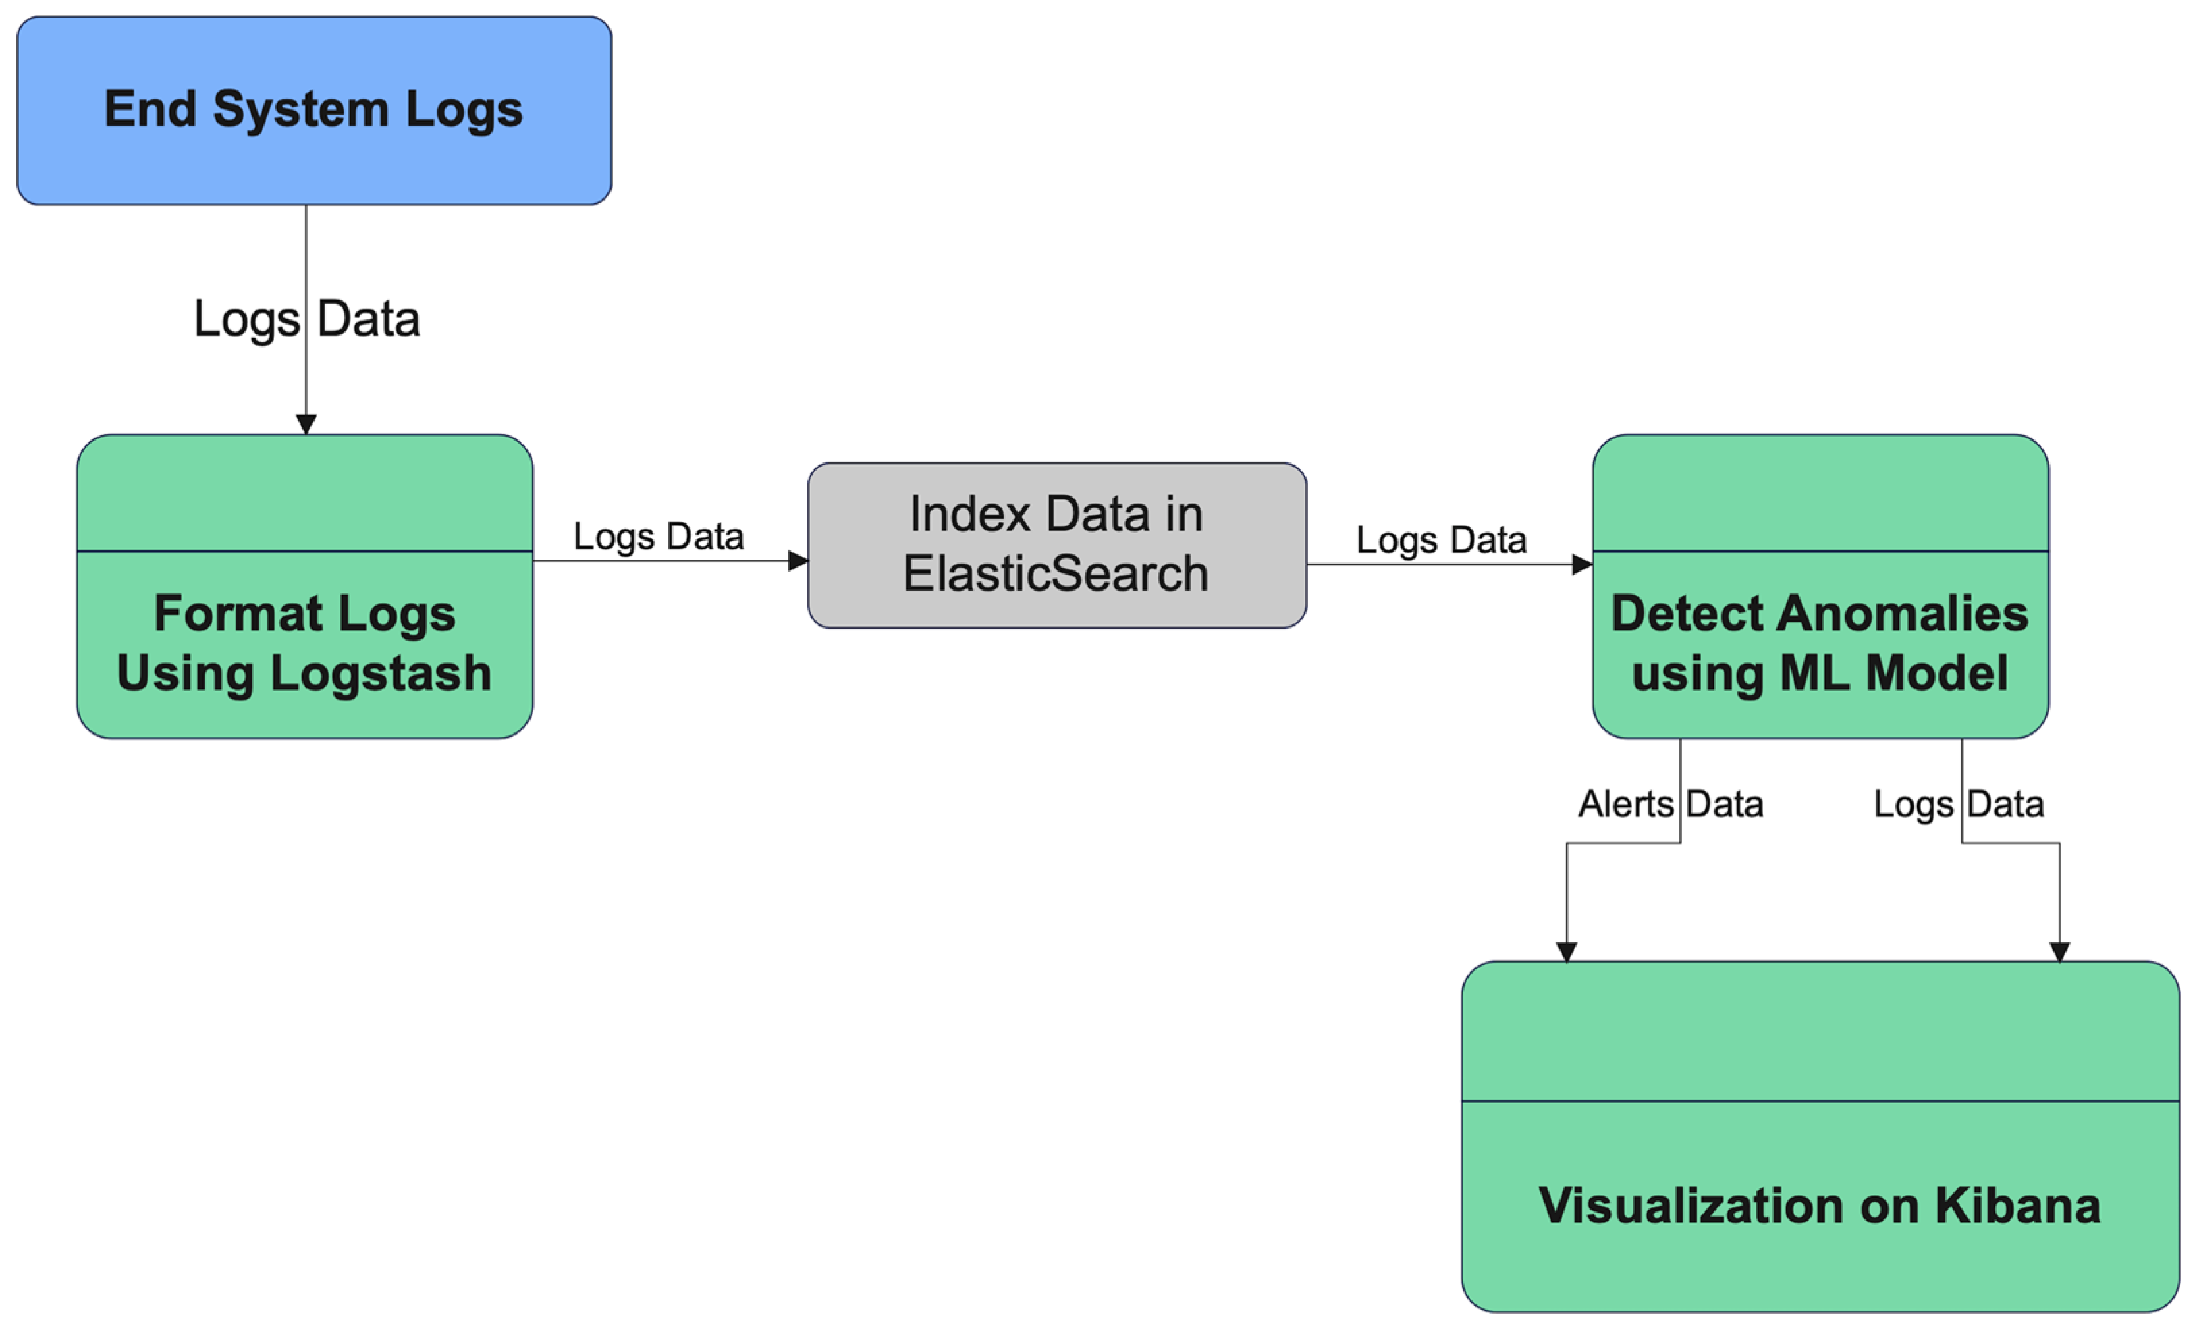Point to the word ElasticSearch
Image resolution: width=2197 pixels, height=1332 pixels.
click(1056, 573)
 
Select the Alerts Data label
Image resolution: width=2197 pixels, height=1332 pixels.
click(1670, 804)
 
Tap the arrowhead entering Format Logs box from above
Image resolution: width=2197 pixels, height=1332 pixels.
click(306, 425)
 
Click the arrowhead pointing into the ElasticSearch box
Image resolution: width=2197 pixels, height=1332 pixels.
click(798, 561)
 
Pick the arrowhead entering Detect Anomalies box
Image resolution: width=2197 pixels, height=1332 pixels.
click(1581, 564)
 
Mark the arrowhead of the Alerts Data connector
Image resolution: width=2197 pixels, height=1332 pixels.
click(1567, 952)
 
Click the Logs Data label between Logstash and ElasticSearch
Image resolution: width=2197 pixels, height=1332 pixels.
click(658, 537)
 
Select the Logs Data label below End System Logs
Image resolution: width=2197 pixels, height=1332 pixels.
click(306, 319)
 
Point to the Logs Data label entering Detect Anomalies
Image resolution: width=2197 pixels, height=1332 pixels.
click(1441, 540)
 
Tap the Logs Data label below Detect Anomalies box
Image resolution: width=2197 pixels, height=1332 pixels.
click(1958, 804)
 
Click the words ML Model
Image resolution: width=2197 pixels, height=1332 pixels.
click(1893, 673)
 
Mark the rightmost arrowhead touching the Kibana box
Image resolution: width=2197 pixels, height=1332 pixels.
click(2060, 952)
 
